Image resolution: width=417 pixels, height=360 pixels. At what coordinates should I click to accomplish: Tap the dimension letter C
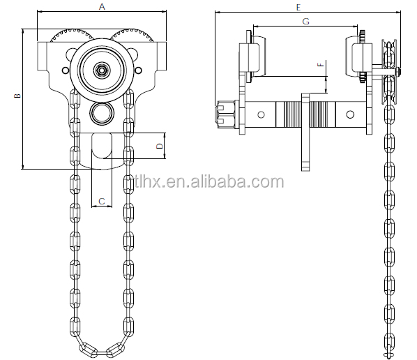pos(101,202)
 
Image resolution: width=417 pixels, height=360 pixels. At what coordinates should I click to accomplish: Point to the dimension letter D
pos(159,146)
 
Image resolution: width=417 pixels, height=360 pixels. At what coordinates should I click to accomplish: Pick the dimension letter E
pos(298,7)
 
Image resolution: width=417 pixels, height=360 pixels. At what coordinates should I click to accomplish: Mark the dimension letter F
pos(320,66)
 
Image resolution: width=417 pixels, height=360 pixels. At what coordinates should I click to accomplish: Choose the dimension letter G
pos(305,22)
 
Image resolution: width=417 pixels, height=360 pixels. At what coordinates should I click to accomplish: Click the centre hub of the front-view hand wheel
pos(102,70)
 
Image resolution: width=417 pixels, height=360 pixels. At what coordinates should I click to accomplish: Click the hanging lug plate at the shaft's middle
pos(305,133)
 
